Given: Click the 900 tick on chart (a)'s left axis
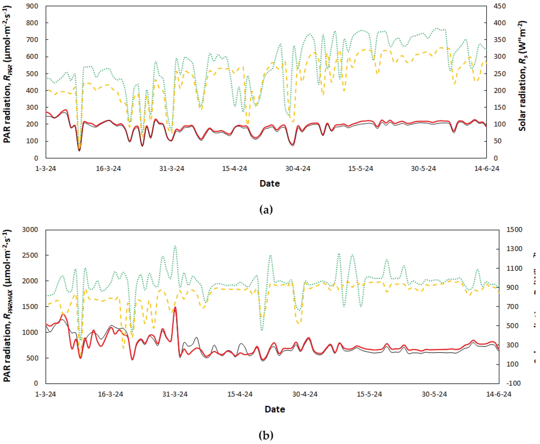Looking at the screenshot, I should [32, 6].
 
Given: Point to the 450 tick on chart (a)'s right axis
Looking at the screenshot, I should [500, 6].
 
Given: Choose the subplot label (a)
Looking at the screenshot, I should [266, 210].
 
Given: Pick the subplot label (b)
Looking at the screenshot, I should [266, 435].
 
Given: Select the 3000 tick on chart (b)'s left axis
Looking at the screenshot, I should [30, 230].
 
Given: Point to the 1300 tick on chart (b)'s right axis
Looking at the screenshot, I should [514, 249].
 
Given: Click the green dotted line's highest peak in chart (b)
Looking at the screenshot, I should [175, 246].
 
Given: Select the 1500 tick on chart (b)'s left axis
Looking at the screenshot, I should [30, 306].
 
